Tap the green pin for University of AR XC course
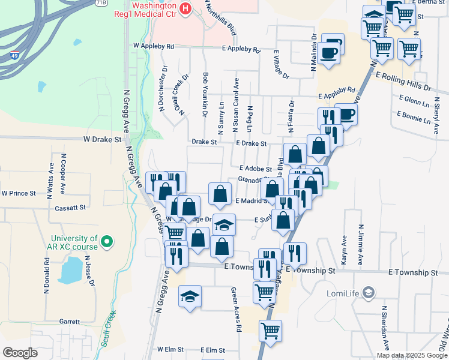click(x=107, y=243)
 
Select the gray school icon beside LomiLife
click(x=369, y=293)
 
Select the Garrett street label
click(x=70, y=322)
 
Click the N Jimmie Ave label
click(x=361, y=244)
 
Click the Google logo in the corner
click(x=20, y=353)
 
